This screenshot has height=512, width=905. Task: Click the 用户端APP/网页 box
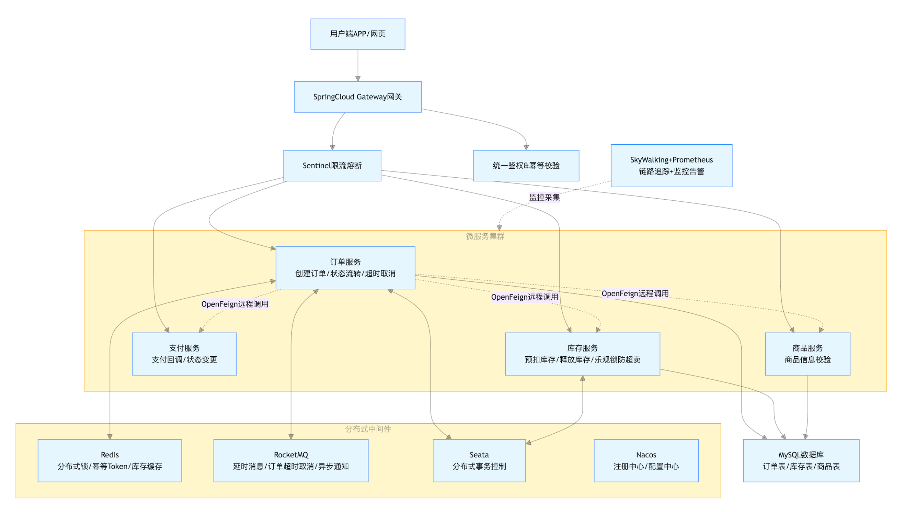(x=358, y=34)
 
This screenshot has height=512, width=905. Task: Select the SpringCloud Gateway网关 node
(x=358, y=97)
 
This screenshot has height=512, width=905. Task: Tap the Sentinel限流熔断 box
(x=332, y=166)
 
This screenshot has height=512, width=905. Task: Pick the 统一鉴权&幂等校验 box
(x=526, y=166)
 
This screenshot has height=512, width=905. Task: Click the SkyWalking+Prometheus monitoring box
(x=672, y=166)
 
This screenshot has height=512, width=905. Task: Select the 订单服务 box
(x=345, y=268)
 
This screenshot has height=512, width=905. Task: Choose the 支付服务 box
(x=184, y=354)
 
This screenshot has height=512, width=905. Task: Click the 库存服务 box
(x=583, y=354)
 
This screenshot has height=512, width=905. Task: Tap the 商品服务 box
(x=807, y=354)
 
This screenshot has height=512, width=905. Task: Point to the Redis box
(x=110, y=460)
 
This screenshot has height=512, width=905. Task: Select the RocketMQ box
(x=291, y=460)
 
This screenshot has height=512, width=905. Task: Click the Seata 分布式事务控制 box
(x=479, y=460)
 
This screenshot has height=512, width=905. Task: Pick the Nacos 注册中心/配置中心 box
(x=646, y=460)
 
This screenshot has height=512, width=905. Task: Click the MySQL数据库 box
(x=801, y=460)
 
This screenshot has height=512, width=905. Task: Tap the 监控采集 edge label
(x=545, y=197)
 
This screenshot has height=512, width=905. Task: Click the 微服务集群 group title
(x=485, y=236)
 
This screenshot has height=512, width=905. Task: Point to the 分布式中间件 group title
(x=368, y=429)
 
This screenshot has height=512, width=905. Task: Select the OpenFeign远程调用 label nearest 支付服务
(x=235, y=304)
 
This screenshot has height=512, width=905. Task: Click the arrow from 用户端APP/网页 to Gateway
(x=358, y=65)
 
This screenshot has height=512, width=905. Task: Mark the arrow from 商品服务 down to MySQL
(x=807, y=407)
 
